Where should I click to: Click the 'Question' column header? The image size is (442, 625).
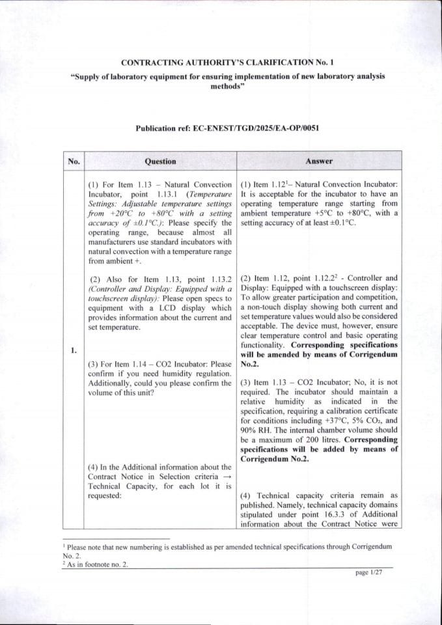[x=160, y=161]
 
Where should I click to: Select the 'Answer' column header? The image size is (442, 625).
[x=319, y=161]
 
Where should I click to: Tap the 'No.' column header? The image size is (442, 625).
[x=74, y=161]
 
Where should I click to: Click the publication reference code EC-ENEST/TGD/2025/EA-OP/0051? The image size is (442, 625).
[x=255, y=129]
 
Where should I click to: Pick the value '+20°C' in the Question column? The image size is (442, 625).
[x=111, y=213]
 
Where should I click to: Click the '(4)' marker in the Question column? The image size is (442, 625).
[x=94, y=467]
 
